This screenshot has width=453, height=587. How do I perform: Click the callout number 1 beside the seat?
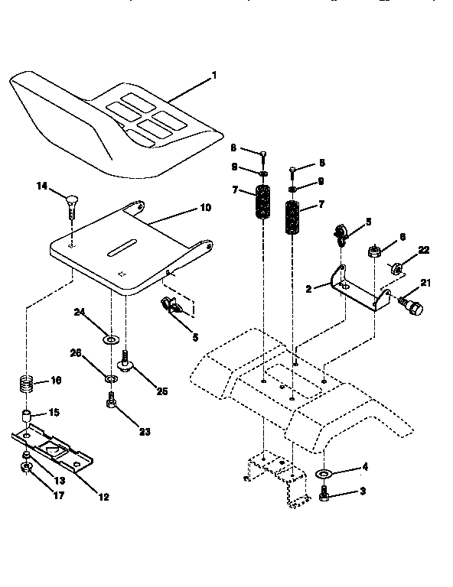point(214,75)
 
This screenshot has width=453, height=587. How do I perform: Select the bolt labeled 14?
point(70,204)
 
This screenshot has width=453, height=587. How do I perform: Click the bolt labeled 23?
point(112,398)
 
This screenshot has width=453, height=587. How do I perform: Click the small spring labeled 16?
point(26,381)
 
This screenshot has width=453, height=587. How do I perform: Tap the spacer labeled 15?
point(26,417)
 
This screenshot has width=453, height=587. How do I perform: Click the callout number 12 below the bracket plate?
point(103,496)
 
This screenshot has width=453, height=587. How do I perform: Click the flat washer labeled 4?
point(324,475)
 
